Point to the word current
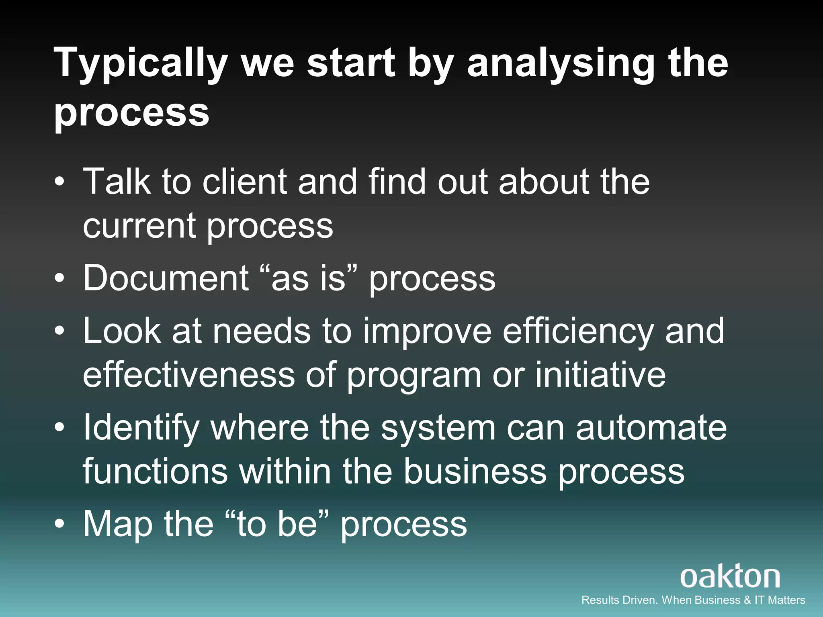[x=139, y=226]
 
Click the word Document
[x=166, y=278]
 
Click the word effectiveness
[x=189, y=374]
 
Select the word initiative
[x=600, y=374]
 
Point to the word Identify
[x=141, y=428]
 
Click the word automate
[x=651, y=428]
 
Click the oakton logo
[x=730, y=577]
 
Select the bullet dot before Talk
[x=59, y=182]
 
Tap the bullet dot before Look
[x=59, y=332]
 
